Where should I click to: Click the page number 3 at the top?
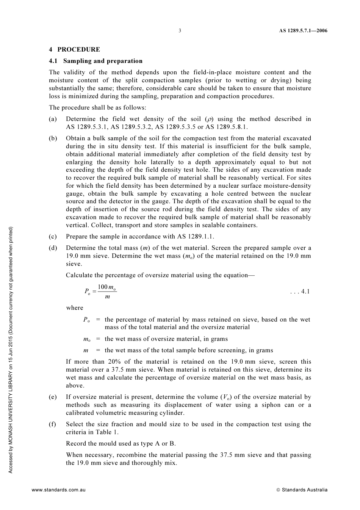pyautogui.click(x=180, y=31)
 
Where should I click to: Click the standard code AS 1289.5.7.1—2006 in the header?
pyautogui.click(x=303, y=31)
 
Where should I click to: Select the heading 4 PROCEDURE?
pyautogui.click(x=74, y=49)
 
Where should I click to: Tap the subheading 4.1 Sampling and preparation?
pyautogui.click(x=95, y=61)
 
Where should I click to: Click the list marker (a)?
pyautogui.click(x=53, y=119)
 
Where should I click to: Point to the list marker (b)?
pyautogui.click(x=53, y=138)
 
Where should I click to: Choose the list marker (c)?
pyautogui.click(x=53, y=237)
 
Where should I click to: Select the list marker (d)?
pyautogui.click(x=53, y=248)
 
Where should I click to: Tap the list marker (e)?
pyautogui.click(x=53, y=397)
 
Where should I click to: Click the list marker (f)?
pyautogui.click(x=53, y=424)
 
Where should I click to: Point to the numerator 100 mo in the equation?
pyautogui.click(x=106, y=287)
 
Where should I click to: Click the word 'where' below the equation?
pyautogui.click(x=74, y=308)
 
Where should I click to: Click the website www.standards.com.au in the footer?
pyautogui.click(x=59, y=490)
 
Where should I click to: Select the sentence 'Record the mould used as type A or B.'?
pyautogui.click(x=121, y=444)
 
